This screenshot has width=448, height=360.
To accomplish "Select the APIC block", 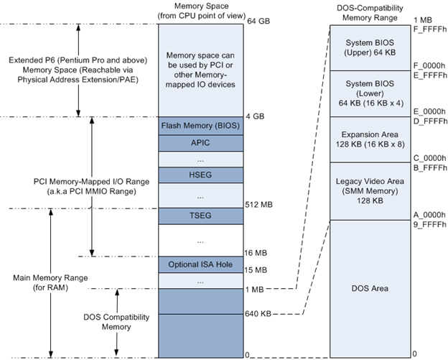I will point(201,142).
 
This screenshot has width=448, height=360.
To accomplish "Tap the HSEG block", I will point(201,175).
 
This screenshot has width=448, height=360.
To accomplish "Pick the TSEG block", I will point(201,216).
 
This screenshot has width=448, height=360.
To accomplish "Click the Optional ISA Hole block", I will point(201,264).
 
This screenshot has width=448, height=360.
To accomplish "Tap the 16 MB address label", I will point(256,252).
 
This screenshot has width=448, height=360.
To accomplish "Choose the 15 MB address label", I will point(256,270).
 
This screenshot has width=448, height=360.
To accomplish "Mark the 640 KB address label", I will point(258,313).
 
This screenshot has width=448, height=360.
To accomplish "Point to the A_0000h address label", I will point(426,215).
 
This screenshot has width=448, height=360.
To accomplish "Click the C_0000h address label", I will point(426,157).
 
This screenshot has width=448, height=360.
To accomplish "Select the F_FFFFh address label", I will point(427,30).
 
